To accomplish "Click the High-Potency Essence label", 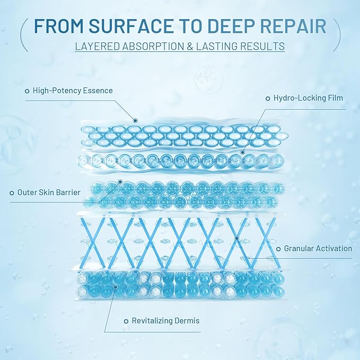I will tap(73, 91).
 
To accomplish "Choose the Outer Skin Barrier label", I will tap(49, 192).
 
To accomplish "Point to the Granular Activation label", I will tap(318, 248).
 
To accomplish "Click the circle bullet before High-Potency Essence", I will tap(27, 91).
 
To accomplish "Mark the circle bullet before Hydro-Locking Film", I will tap(268, 98).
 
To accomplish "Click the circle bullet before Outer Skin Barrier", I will tap(12, 193).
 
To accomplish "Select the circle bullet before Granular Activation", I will tap(278, 248).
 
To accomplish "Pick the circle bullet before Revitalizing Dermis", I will tap(126, 321).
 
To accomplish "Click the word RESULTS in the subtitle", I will tap(264, 46).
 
